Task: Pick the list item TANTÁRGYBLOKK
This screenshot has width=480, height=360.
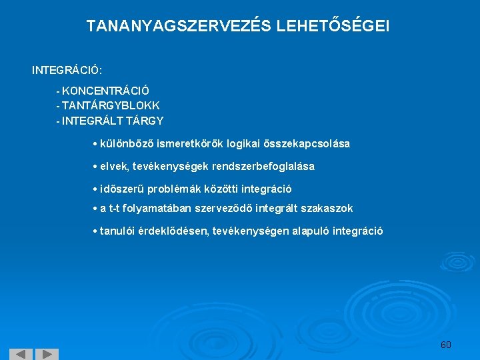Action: click(x=111, y=105)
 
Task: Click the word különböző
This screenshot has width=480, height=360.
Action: click(x=123, y=144)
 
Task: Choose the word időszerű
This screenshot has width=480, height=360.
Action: click(x=122, y=189)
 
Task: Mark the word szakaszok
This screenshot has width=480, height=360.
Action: click(x=327, y=209)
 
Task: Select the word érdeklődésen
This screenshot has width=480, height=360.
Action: click(x=172, y=231)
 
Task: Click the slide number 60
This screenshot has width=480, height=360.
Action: click(x=446, y=345)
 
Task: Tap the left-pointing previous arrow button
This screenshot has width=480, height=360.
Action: click(x=21, y=354)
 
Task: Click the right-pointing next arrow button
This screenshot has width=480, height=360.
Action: click(x=46, y=354)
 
